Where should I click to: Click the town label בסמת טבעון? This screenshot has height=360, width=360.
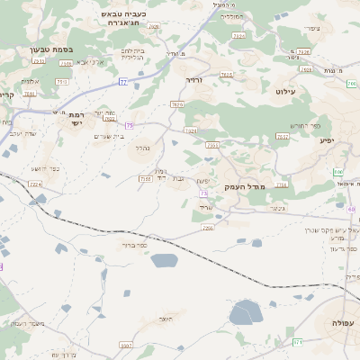[x=51, y=50]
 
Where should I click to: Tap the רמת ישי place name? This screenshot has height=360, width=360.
[x=76, y=119]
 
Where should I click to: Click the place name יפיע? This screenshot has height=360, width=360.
[x=326, y=139]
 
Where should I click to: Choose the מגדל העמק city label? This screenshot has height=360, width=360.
[x=244, y=186]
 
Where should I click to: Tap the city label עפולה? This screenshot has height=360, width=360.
[x=342, y=323]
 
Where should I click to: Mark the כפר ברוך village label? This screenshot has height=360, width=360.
[x=134, y=244]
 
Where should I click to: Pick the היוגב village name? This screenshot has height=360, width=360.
[x=164, y=319]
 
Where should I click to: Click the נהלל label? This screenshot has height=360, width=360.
[x=142, y=148]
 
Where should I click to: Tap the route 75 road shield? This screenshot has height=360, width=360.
[x=130, y=125]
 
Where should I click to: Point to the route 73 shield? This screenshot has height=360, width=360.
[x=204, y=193]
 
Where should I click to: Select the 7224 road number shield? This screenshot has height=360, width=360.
[x=36, y=184]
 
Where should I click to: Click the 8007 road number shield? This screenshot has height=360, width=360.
[x=125, y=345]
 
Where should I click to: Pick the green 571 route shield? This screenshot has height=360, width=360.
[x=298, y=342]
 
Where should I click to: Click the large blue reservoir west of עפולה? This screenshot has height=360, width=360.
[x=245, y=313]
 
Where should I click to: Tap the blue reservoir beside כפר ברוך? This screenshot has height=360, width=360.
[x=165, y=261]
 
